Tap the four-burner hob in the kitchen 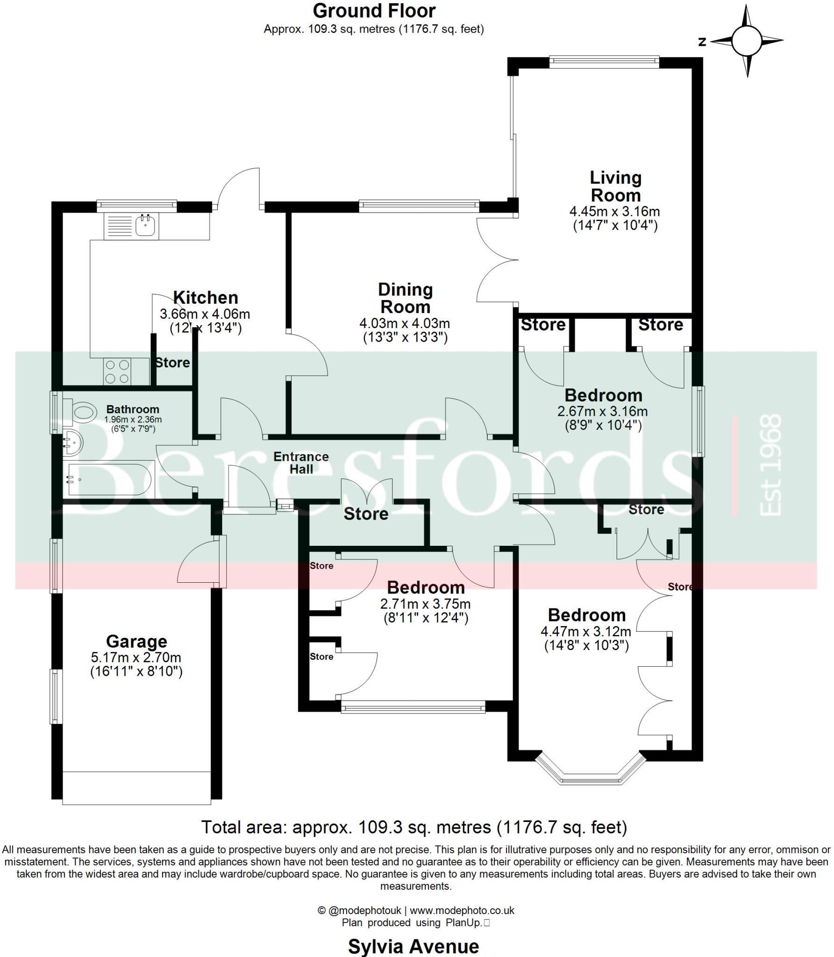point(118,371)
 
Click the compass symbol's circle point(747,41)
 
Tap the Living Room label point(615,186)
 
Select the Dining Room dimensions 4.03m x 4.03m point(405,323)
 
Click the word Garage point(136,642)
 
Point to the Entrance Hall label point(301,463)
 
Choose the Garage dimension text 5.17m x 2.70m point(136,657)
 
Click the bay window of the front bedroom point(591,776)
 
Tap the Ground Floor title point(374,10)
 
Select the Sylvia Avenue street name point(413,947)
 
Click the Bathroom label point(133,409)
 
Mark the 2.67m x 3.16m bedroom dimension point(603,411)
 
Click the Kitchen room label point(206,297)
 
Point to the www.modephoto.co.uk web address point(462,910)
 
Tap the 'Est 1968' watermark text point(771,465)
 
